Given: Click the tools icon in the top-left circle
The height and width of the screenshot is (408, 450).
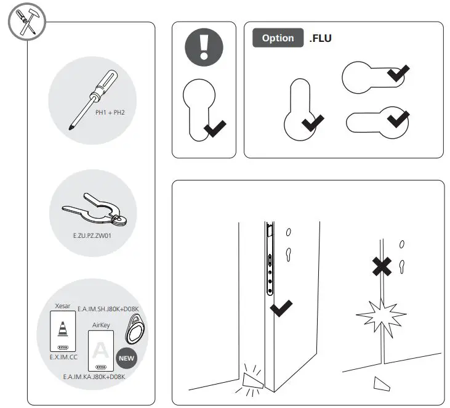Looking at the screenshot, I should [23, 23].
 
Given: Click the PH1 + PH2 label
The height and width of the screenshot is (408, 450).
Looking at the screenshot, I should [110, 113].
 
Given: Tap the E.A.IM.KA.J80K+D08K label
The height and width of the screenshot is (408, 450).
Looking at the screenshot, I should [94, 376].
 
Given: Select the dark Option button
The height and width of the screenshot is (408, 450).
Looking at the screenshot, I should [278, 38].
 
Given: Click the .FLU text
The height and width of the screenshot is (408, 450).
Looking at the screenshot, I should [321, 38].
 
